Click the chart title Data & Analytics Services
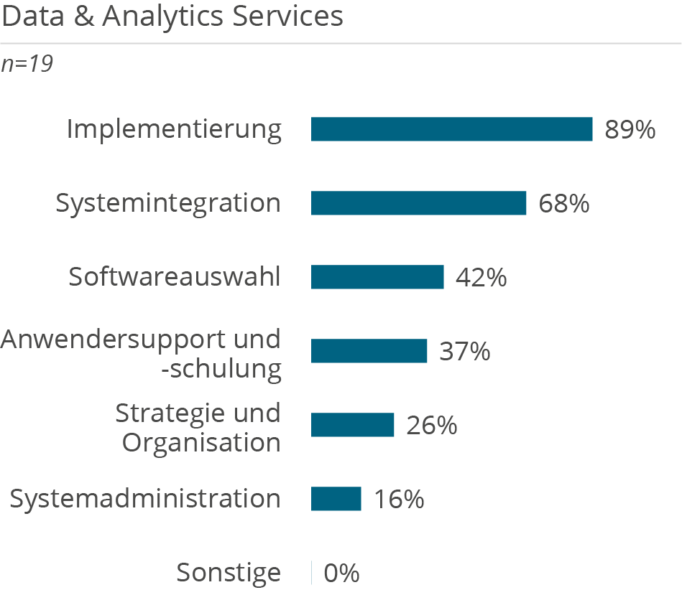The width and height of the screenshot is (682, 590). [x=172, y=17]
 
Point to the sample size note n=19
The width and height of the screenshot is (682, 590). [x=27, y=64]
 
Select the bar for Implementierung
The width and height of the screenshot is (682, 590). [x=451, y=129]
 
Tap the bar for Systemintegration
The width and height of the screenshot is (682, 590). [x=418, y=203]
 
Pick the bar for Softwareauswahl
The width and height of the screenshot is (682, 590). [x=377, y=277]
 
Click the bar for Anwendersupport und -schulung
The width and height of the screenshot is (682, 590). [x=369, y=351]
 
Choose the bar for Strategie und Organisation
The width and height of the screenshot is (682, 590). [x=352, y=425]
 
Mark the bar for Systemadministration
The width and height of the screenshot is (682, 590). [x=336, y=499]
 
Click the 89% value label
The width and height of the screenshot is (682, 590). [x=630, y=130]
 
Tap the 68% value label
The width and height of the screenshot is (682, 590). [x=564, y=204]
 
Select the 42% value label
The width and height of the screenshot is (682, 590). [x=481, y=278]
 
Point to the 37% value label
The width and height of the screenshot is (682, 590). [x=465, y=352]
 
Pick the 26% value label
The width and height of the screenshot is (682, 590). [x=432, y=426]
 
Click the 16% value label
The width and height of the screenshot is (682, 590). [x=399, y=500]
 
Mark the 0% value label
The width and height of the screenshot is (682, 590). [x=341, y=573]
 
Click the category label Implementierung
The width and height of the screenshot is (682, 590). [x=174, y=130]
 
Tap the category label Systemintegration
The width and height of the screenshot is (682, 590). [x=168, y=204]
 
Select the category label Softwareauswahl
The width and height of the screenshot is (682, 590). [x=175, y=277]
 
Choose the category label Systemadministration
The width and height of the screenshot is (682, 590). [x=145, y=499]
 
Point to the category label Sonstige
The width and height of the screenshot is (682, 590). [x=229, y=573]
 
